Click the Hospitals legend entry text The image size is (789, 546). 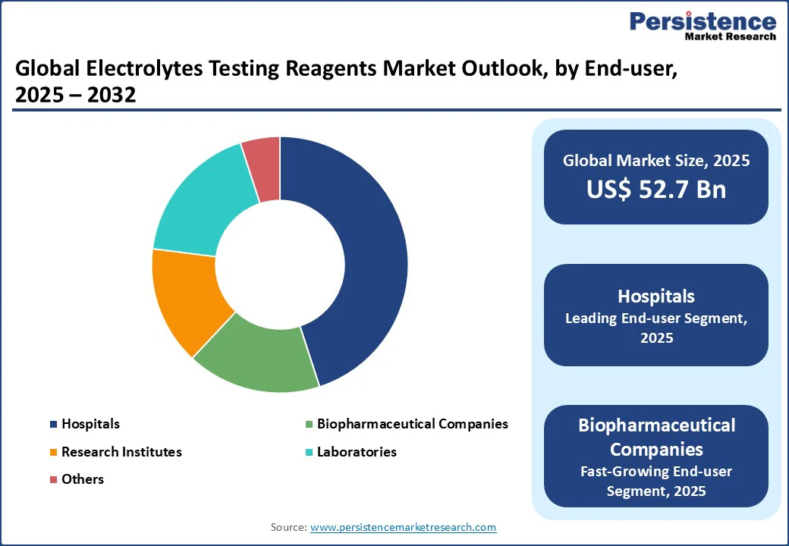(x=90, y=424)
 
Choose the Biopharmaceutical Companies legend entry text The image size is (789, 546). (x=412, y=424)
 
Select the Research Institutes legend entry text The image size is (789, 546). (x=121, y=451)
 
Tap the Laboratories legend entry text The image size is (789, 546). (x=357, y=451)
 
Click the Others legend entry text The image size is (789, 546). (x=83, y=479)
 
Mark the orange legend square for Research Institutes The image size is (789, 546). (x=53, y=452)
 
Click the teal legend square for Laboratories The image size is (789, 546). (x=309, y=452)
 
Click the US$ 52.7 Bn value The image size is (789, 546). (x=656, y=190)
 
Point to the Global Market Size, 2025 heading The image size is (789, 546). (x=656, y=160)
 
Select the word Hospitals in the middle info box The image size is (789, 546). (x=656, y=296)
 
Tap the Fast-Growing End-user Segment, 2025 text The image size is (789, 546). (x=656, y=481)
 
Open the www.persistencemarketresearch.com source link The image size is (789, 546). (x=403, y=527)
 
